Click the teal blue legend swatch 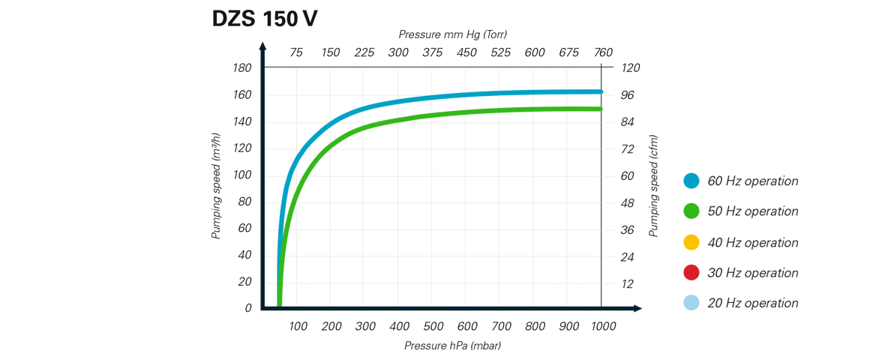pyautogui.click(x=694, y=184)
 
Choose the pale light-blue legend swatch pyautogui.click(x=694, y=298)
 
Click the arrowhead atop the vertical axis pyautogui.click(x=260, y=45)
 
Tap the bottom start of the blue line pyautogui.click(x=274, y=297)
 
